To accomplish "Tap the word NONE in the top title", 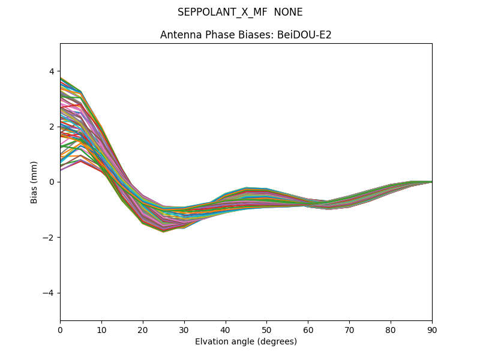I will point(288,12).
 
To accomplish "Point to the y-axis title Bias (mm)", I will point(34,182).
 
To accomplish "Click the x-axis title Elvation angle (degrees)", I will point(246,341).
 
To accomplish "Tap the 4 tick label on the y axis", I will point(51,71).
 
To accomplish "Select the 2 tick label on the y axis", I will point(51,127).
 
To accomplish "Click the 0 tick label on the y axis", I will point(51,182).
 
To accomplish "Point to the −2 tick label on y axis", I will point(49,237).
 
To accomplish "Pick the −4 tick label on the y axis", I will point(49,293).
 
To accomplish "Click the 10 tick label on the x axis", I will point(101,329).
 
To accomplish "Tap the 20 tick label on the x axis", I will point(143,329).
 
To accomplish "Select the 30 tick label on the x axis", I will point(184,329).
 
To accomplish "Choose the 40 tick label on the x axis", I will point(226,329).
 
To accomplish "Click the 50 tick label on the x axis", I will point(266,329).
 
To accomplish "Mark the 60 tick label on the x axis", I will point(308,329).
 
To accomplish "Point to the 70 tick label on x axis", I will point(349,329).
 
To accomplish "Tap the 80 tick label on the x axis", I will point(391,329).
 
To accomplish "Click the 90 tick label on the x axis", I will point(432,329).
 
